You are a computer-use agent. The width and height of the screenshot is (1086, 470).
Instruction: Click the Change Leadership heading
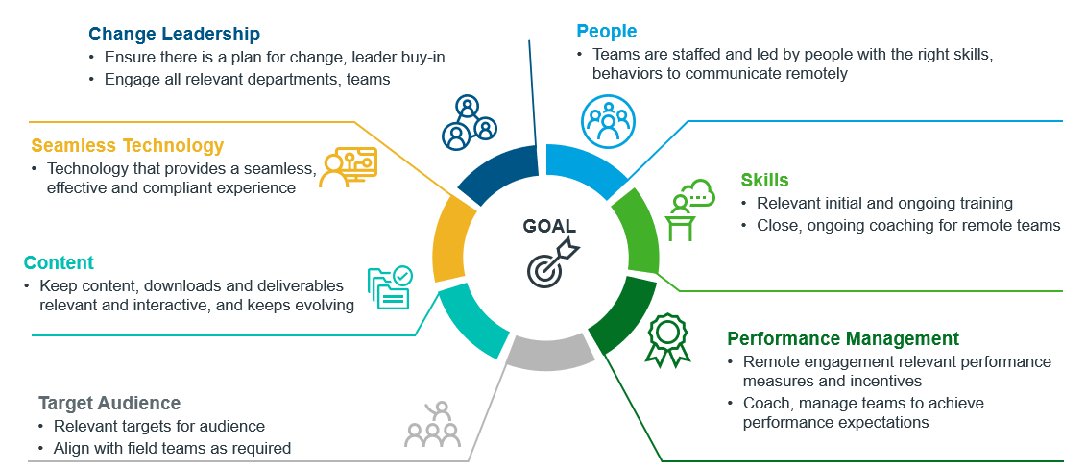[x=174, y=35]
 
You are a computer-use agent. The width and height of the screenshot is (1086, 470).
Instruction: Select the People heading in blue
[x=606, y=32]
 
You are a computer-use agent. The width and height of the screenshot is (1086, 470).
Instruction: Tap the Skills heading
[x=764, y=180]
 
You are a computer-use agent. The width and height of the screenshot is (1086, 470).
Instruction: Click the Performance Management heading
[x=842, y=338]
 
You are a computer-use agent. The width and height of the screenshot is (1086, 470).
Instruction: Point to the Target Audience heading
[x=109, y=403]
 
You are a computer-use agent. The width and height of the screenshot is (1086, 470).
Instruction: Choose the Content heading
[x=59, y=262]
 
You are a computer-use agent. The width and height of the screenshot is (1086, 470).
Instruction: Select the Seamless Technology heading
[x=127, y=146]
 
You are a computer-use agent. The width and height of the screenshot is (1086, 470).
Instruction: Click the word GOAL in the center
[x=549, y=227]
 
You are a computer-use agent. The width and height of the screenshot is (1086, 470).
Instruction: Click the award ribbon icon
[x=667, y=339]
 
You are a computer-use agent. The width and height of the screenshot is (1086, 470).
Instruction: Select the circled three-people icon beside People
[x=608, y=121]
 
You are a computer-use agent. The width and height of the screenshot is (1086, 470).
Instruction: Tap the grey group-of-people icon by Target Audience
[x=431, y=426]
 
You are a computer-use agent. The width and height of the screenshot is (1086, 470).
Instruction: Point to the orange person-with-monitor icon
[x=349, y=168]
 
